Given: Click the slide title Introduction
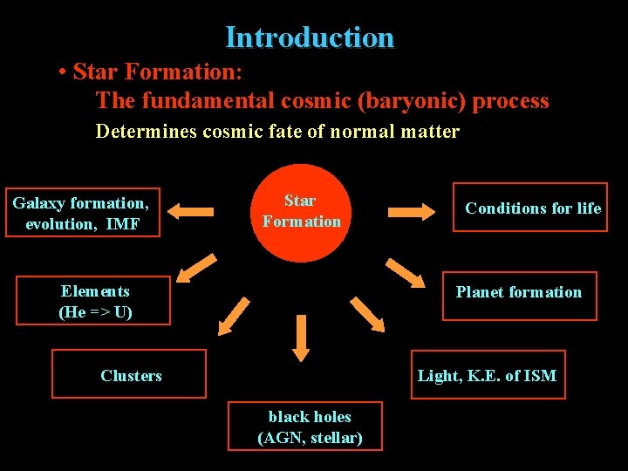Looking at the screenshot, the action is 310,38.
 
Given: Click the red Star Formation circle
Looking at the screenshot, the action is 301,212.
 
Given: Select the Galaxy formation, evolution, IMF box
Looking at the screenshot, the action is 81,213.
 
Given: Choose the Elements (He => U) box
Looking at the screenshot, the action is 96,302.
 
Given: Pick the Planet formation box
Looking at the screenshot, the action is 519,293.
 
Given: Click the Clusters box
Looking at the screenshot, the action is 130,374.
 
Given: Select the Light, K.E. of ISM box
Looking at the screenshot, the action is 488,375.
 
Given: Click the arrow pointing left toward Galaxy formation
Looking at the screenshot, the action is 190,211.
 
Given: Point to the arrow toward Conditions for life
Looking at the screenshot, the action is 411,211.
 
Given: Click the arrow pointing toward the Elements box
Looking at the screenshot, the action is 199,268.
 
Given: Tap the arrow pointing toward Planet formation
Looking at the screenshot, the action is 404,272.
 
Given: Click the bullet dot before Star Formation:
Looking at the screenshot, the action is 64,71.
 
